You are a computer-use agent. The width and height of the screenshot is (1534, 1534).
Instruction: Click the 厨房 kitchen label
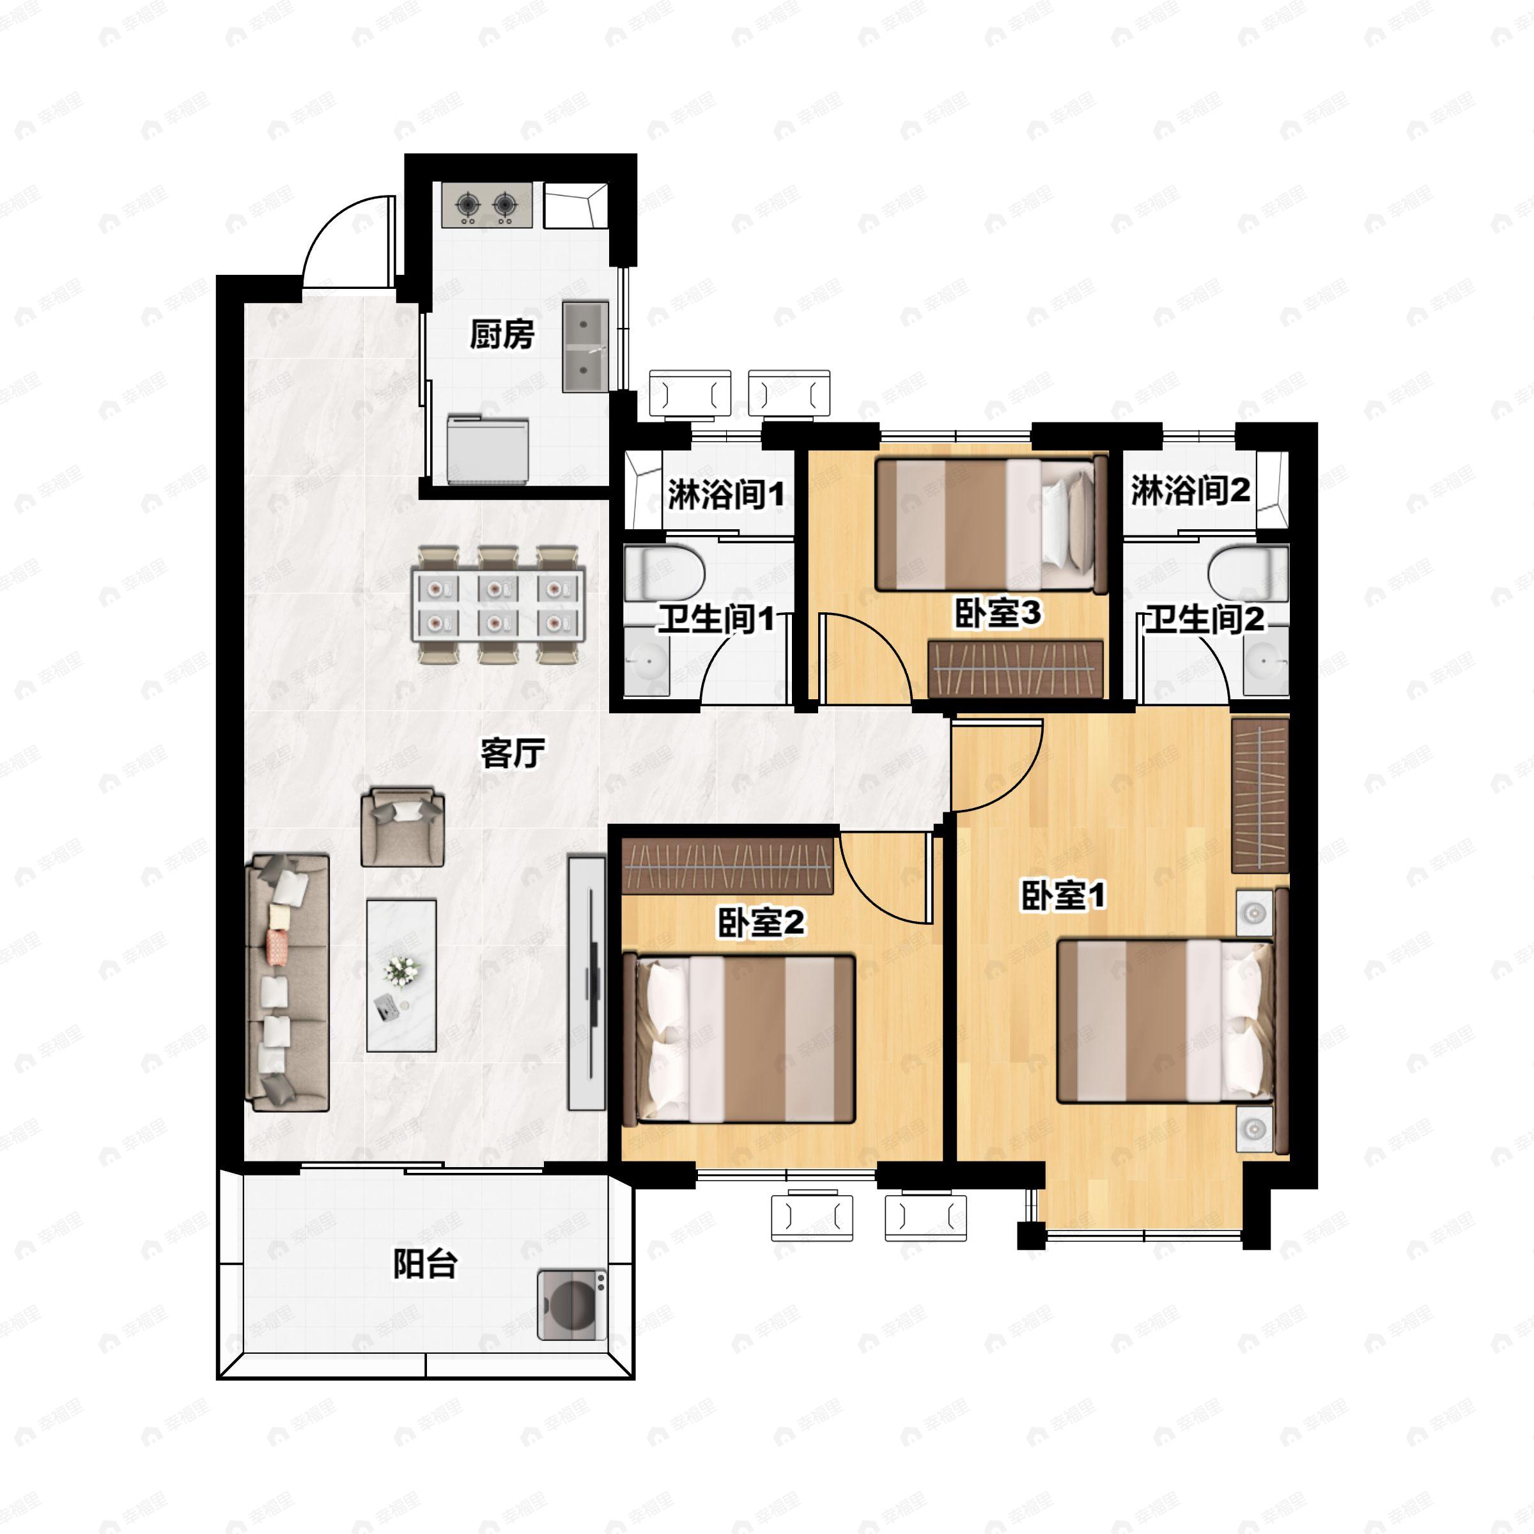pyautogui.click(x=502, y=334)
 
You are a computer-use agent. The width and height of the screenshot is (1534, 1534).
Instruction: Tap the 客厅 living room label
pyautogui.click(x=513, y=753)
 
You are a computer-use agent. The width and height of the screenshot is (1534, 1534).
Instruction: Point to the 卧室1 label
pyautogui.click(x=1063, y=896)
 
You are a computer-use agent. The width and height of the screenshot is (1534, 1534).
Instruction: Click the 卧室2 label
pyautogui.click(x=761, y=922)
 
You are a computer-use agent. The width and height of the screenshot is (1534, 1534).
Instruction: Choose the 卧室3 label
pyautogui.click(x=997, y=613)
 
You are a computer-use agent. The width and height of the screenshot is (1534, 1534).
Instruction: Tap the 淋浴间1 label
pyautogui.click(x=725, y=495)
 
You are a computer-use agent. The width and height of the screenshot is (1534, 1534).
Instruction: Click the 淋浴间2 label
pyautogui.click(x=1190, y=490)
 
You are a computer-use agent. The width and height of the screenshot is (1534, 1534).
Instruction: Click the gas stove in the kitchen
pyautogui.click(x=486, y=206)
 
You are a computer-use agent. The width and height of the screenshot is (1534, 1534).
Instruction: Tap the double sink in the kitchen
pyautogui.click(x=586, y=346)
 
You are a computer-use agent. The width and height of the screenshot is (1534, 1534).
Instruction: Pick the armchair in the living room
pyautogui.click(x=403, y=826)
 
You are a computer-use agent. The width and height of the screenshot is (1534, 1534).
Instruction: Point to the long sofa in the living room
pyautogui.click(x=288, y=982)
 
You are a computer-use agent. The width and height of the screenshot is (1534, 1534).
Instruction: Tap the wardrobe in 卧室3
pyautogui.click(x=1016, y=669)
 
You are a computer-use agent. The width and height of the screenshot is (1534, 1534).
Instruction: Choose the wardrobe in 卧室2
pyautogui.click(x=727, y=865)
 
